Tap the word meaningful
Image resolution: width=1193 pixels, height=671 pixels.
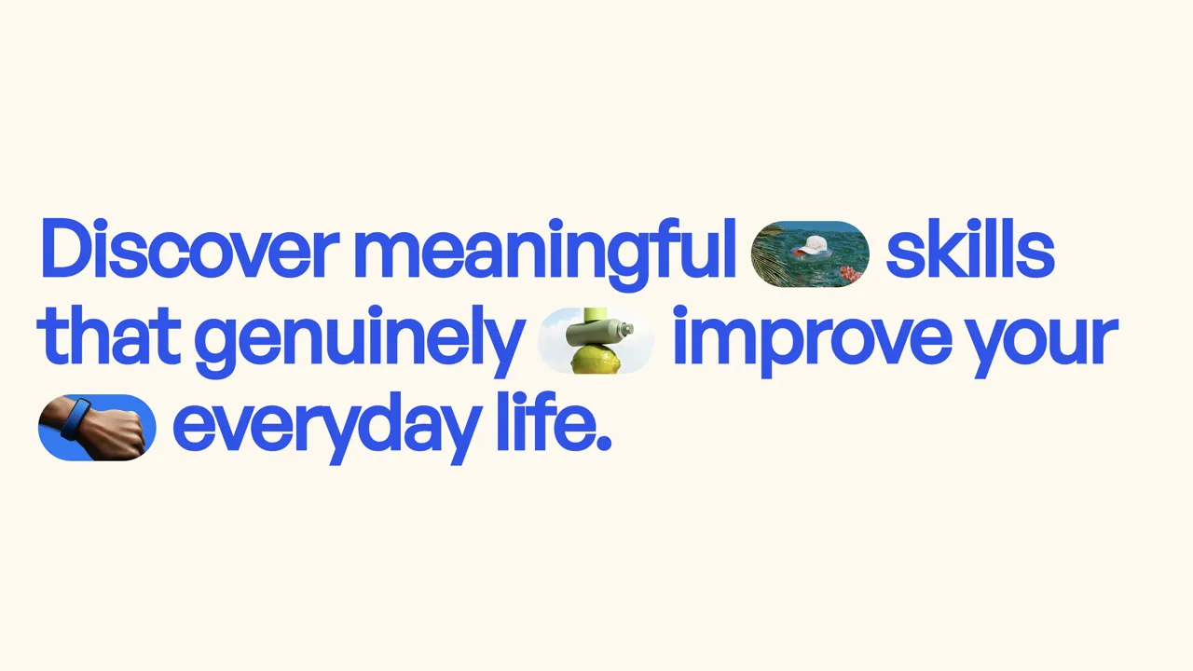(545, 254)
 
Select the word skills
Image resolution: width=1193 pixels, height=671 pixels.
(970, 248)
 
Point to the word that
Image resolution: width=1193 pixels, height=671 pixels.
(109, 335)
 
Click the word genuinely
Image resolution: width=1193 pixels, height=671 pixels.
(357, 341)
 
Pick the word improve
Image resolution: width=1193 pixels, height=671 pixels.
(813, 341)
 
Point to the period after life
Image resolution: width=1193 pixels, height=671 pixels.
(602, 443)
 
